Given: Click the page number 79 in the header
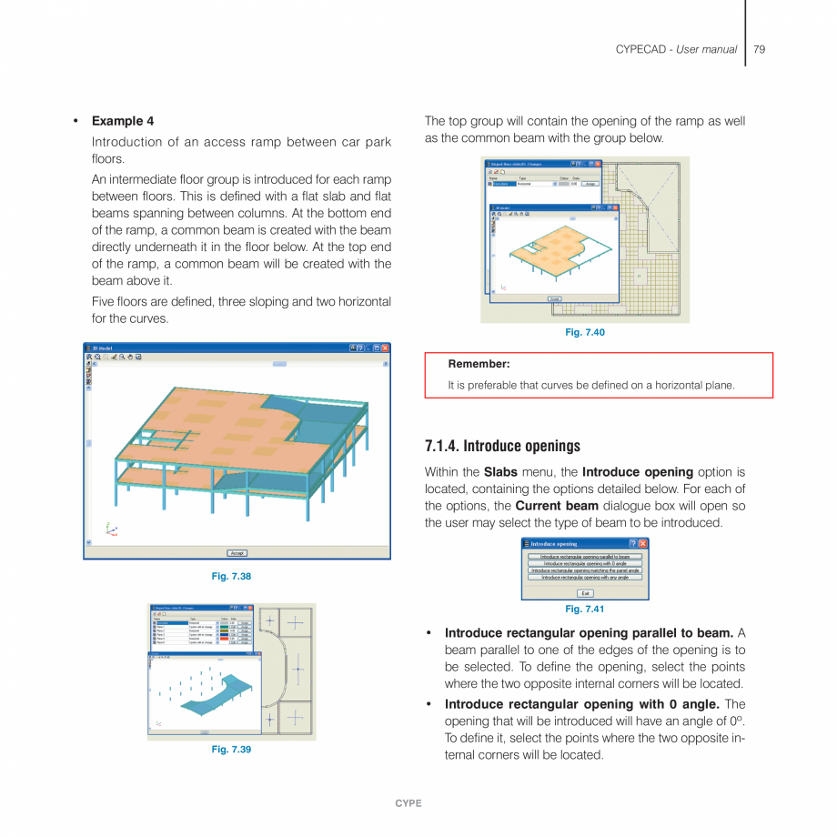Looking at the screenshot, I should coord(759,49).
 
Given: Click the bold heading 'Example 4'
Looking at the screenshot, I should coord(122,121).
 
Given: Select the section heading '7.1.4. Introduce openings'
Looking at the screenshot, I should coord(502,446).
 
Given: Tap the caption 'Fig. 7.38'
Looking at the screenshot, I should coord(231,576).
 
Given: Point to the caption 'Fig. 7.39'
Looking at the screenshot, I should coord(231,749).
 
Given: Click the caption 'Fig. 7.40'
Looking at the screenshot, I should coord(584,332).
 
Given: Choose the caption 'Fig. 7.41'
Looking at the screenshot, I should coord(584,609).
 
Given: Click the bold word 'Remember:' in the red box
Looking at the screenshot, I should coord(479,364).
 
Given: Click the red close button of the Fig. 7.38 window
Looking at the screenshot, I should coord(384,348).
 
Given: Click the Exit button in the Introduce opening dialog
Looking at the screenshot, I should coord(585,592).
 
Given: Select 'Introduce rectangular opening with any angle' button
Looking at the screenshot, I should coord(585,577).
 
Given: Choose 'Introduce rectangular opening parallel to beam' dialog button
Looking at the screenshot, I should coord(585,556).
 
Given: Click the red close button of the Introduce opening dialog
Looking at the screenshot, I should coord(643,543).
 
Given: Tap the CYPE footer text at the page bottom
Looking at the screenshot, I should coord(408,803).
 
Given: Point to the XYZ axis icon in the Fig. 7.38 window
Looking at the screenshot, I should coord(110,529).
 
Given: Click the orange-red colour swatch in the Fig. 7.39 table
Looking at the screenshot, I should coord(225,638).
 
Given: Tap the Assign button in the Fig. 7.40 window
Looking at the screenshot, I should coord(590,183).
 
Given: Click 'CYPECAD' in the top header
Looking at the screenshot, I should coord(642,49).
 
